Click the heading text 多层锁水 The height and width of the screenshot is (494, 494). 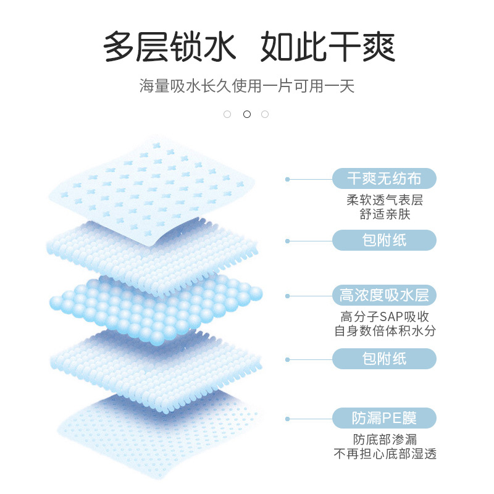(x=169, y=47)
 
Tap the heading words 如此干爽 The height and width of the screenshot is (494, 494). (x=328, y=47)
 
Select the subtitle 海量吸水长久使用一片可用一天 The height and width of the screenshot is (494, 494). (x=247, y=86)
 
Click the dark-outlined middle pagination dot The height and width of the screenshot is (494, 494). (x=247, y=114)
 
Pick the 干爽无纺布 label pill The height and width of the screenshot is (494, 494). (x=384, y=178)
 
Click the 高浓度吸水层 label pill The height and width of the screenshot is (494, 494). (x=384, y=296)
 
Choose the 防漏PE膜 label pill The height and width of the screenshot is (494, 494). (x=384, y=418)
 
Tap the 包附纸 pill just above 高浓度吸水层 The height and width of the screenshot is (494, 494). (x=384, y=240)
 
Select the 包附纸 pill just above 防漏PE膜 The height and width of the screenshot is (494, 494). (x=384, y=359)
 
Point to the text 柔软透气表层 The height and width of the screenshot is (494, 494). (x=385, y=200)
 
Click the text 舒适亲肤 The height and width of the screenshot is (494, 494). (x=385, y=214)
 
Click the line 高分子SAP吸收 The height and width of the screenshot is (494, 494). (x=385, y=317)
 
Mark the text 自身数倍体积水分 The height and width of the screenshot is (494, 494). (x=385, y=331)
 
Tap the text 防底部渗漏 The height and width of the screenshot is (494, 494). (x=385, y=439)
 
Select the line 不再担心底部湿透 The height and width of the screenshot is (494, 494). (x=385, y=454)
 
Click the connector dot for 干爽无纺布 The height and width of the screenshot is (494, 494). (x=287, y=179)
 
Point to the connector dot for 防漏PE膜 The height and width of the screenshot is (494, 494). (x=287, y=419)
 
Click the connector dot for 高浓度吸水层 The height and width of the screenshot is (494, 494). (x=287, y=296)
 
